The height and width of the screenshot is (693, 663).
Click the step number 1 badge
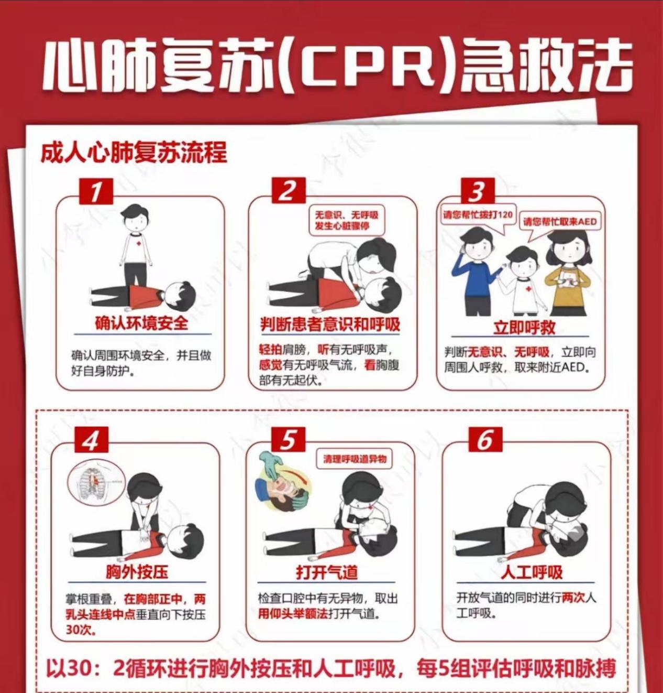coord(96,191)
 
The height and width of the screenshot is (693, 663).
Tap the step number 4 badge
coord(91,439)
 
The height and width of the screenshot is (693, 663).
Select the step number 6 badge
coord(485,439)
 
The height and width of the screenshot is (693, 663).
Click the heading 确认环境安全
coord(141,323)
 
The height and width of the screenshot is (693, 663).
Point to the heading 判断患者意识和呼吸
coord(330,324)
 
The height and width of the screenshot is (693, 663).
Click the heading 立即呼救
coord(524,327)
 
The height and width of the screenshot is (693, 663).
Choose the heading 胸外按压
coord(137,571)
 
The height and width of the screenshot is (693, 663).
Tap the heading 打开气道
coord(327,571)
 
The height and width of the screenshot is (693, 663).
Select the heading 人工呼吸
coord(531,571)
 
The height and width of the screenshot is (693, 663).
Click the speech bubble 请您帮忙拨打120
coord(478,215)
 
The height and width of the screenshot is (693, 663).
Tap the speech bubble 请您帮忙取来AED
coord(560,221)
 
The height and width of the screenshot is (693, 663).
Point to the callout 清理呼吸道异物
coord(355,459)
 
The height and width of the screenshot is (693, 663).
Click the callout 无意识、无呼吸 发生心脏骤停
coord(346,220)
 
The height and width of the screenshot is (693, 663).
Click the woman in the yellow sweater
coord(568,273)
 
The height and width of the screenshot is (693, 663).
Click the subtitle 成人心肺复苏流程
coord(134,153)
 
